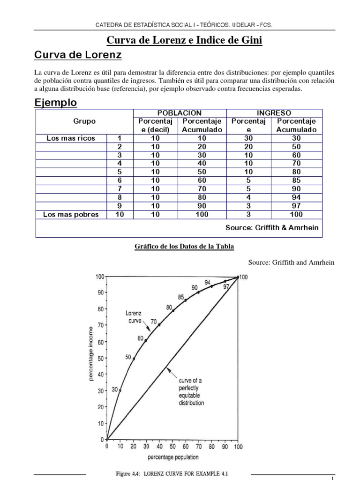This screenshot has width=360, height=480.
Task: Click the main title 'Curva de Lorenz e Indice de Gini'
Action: pyautogui.click(x=185, y=41)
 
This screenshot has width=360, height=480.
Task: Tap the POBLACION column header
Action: pyautogui.click(x=180, y=113)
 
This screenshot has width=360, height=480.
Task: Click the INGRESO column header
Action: pyautogui.click(x=274, y=113)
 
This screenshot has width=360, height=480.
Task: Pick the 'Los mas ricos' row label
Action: pyautogui.click(x=71, y=138)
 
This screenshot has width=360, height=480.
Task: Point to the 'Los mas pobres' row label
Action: pyautogui.click(x=71, y=215)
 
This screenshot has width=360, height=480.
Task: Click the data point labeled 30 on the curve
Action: pyautogui.click(x=120, y=390)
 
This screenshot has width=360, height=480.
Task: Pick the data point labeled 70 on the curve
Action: pyautogui.click(x=159, y=325)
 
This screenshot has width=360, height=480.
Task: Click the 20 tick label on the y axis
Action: pyautogui.click(x=100, y=407)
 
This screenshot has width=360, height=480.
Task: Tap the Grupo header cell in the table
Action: pyautogui.click(x=84, y=121)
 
